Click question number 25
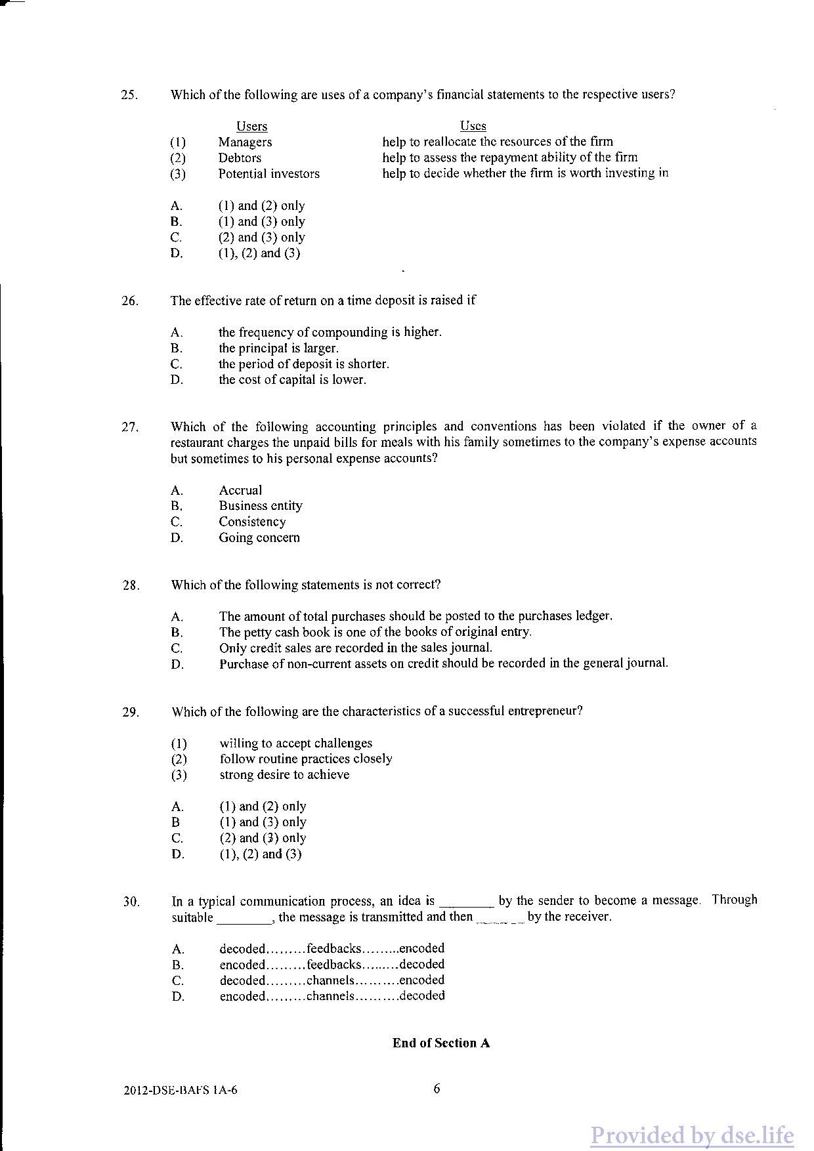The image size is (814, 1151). tap(129, 94)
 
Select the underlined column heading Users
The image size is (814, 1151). tap(251, 127)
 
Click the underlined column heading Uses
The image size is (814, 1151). tap(473, 126)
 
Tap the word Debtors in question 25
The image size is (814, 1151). tap(240, 158)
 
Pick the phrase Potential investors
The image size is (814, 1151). tap(269, 174)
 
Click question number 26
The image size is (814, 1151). tap(130, 301)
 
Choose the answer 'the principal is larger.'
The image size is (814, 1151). tap(278, 348)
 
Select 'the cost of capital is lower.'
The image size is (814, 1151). tap(292, 380)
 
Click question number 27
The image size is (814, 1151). tap(130, 428)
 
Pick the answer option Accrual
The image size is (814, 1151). tap(240, 490)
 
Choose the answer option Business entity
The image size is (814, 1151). tap(261, 506)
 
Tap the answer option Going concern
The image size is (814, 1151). tap(259, 537)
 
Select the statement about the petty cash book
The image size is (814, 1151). tap(375, 632)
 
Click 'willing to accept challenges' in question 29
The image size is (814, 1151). tap(295, 743)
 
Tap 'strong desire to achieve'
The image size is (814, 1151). tap(284, 775)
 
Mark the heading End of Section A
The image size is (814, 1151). tap(440, 1043)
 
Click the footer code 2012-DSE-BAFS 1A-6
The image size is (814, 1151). tap(180, 1091)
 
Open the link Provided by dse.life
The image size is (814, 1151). tap(691, 1135)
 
